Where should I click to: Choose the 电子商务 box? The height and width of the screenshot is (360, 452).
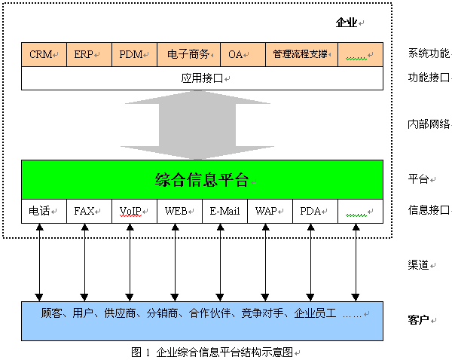[x=189, y=55]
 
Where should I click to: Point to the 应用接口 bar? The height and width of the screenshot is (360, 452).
[x=202, y=78]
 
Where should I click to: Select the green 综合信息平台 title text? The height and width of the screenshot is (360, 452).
[x=202, y=180]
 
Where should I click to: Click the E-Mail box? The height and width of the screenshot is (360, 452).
[x=224, y=212]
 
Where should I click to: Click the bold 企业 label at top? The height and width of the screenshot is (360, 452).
[x=346, y=23]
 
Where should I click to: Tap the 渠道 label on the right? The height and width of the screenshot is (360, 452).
[x=419, y=265]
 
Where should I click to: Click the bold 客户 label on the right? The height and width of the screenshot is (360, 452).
[x=417, y=320]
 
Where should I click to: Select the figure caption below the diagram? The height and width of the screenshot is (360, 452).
[x=214, y=352]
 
